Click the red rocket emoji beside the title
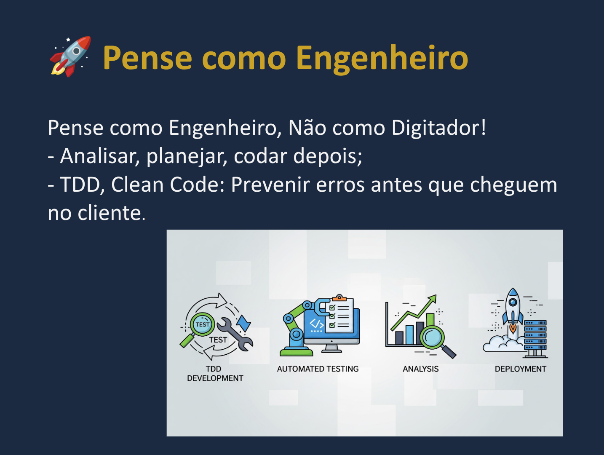pos(70,56)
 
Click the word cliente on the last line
pos(109,213)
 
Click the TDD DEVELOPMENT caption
pos(215,374)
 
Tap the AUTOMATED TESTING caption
pos(318,369)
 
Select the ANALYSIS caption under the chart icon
pos(420,369)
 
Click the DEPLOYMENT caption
pos(520,369)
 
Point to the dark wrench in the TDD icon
pos(235,334)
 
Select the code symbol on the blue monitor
pos(316,324)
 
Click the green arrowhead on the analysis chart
pos(432,298)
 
